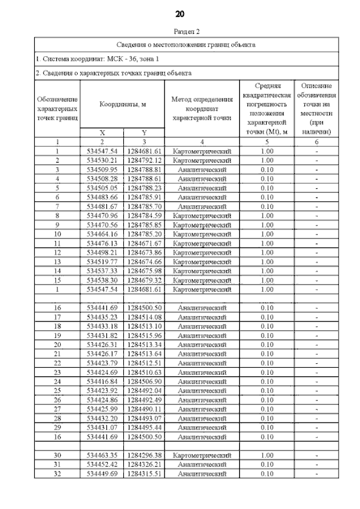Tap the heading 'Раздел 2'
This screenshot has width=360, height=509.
[x=180, y=33]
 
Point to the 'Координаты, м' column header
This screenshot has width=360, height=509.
[x=122, y=105]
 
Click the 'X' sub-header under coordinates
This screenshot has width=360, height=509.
[x=102, y=133]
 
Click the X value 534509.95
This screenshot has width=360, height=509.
[x=102, y=169]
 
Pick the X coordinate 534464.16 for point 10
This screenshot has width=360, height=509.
[x=102, y=234]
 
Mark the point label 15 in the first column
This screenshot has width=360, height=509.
[x=57, y=280]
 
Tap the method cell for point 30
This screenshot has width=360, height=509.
[x=202, y=456]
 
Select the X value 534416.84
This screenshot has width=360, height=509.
[x=102, y=381]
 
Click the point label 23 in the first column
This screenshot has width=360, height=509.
[x=57, y=372]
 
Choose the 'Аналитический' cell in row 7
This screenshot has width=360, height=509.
[x=202, y=206]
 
